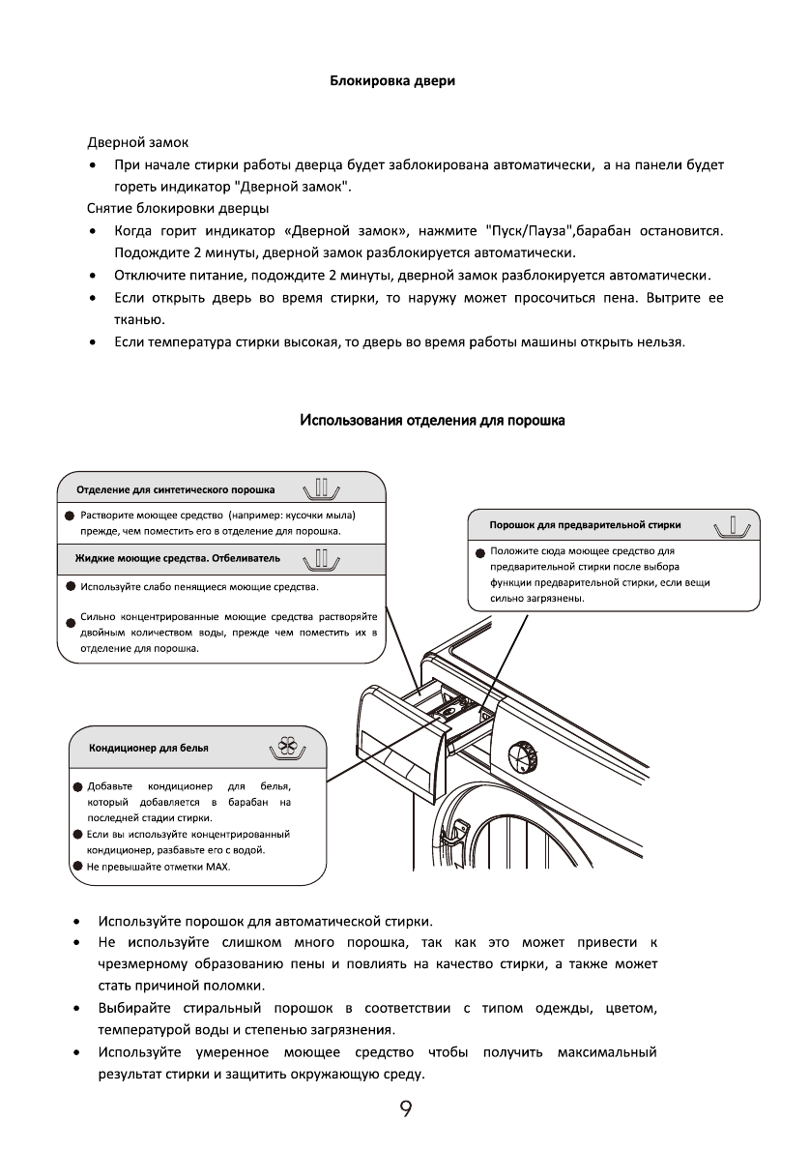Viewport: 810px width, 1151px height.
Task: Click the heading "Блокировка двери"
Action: [392, 81]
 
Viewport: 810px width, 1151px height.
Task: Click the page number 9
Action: [406, 1109]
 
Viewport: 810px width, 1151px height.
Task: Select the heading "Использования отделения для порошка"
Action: [432, 421]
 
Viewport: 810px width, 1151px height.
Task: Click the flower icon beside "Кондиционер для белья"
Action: [286, 748]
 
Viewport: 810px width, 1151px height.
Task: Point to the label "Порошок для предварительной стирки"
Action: [586, 525]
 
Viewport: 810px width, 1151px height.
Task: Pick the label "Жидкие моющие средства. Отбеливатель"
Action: [178, 559]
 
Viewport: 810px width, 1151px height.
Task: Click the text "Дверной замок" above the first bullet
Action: [138, 143]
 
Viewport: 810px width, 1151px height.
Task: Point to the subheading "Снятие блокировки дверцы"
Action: [178, 208]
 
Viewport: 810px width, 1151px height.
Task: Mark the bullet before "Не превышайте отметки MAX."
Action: [76, 867]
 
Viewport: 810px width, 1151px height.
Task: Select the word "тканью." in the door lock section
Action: [140, 318]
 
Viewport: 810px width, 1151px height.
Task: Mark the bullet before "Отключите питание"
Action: [91, 276]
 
